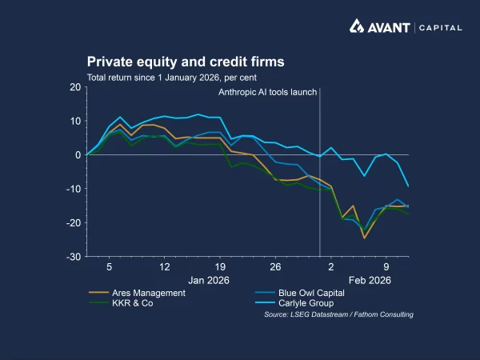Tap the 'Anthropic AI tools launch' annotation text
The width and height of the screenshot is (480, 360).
pyautogui.click(x=268, y=92)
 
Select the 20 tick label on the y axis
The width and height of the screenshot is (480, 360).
pyautogui.click(x=74, y=86)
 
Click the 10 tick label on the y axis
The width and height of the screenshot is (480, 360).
pyautogui.click(x=74, y=121)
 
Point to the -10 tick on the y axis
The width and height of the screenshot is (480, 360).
pyautogui.click(x=72, y=189)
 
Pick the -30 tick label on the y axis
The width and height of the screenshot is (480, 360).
pyautogui.click(x=72, y=257)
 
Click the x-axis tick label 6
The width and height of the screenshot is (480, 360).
pyautogui.click(x=109, y=266)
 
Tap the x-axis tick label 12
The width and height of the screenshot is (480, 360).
pyautogui.click(x=164, y=266)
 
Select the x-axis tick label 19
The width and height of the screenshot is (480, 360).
pyautogui.click(x=219, y=266)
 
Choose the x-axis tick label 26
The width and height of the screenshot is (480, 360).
pyautogui.click(x=275, y=266)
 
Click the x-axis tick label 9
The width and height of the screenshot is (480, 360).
pyautogui.click(x=386, y=266)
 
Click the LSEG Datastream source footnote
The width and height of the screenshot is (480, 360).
pyautogui.click(x=338, y=315)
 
